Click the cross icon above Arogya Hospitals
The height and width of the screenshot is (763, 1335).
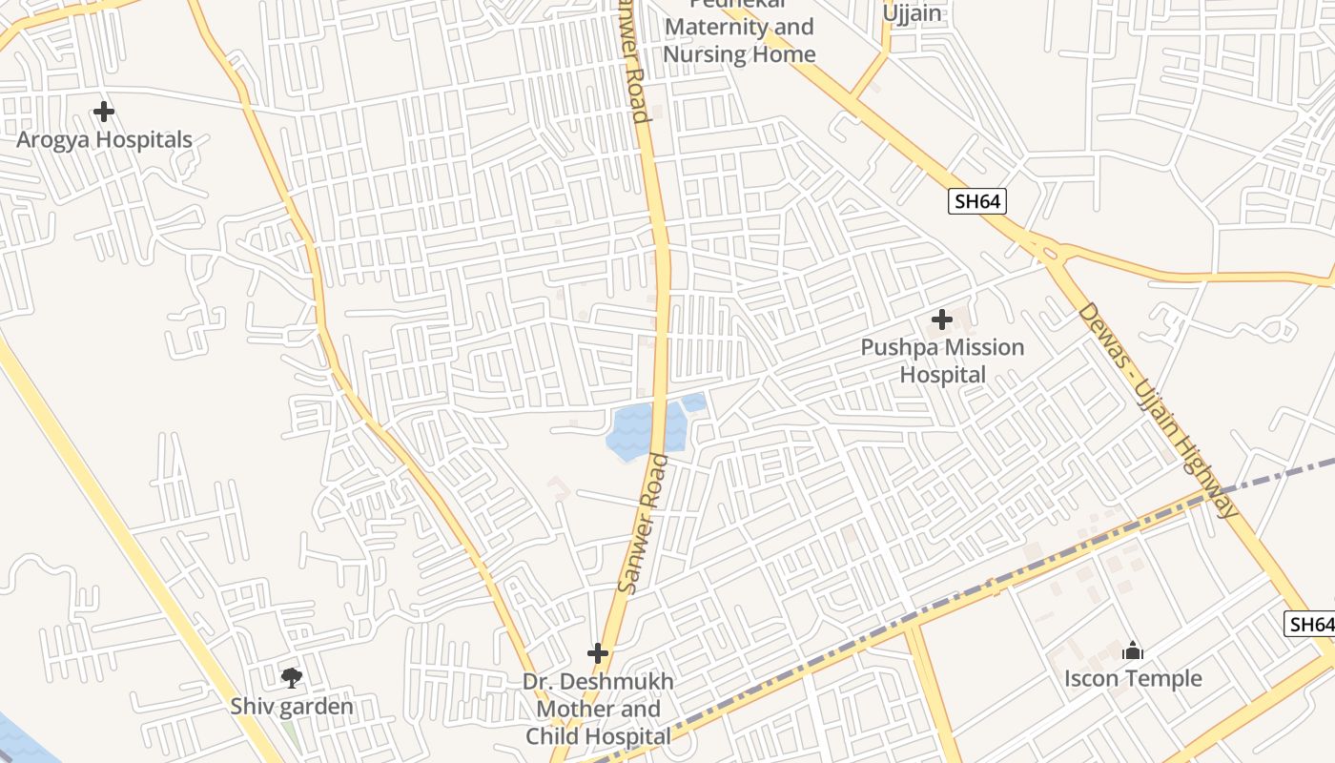point(104,113)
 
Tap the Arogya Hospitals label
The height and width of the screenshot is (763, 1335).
point(104,139)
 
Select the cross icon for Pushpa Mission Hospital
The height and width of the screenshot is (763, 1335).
point(942,320)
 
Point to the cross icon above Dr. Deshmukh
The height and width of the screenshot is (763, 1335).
point(598,653)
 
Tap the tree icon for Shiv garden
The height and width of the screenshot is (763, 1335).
point(292,678)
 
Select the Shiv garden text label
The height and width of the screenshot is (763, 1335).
point(292,707)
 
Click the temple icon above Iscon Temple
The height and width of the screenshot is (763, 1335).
point(1133,651)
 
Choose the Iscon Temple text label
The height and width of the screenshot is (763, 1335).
point(1133,679)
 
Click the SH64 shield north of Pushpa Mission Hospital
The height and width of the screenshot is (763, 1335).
point(977,201)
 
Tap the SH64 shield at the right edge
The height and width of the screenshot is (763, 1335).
point(1310,625)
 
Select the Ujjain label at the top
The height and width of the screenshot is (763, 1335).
point(912,13)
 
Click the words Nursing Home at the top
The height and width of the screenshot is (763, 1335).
point(739,53)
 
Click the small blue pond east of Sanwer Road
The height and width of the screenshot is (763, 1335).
point(694,402)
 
